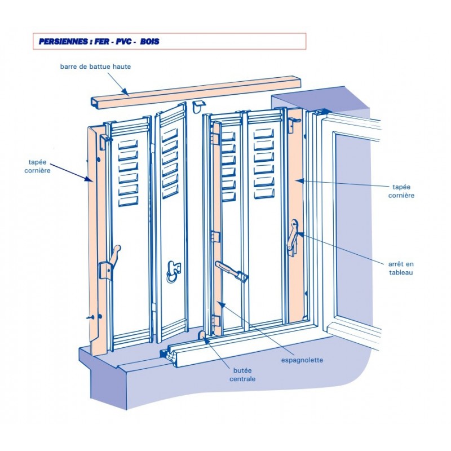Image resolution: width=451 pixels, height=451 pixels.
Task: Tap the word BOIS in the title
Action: click(x=149, y=42)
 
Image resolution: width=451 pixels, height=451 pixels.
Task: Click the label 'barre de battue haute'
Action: click(x=96, y=67)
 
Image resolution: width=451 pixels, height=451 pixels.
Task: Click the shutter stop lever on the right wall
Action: click(x=293, y=237)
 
